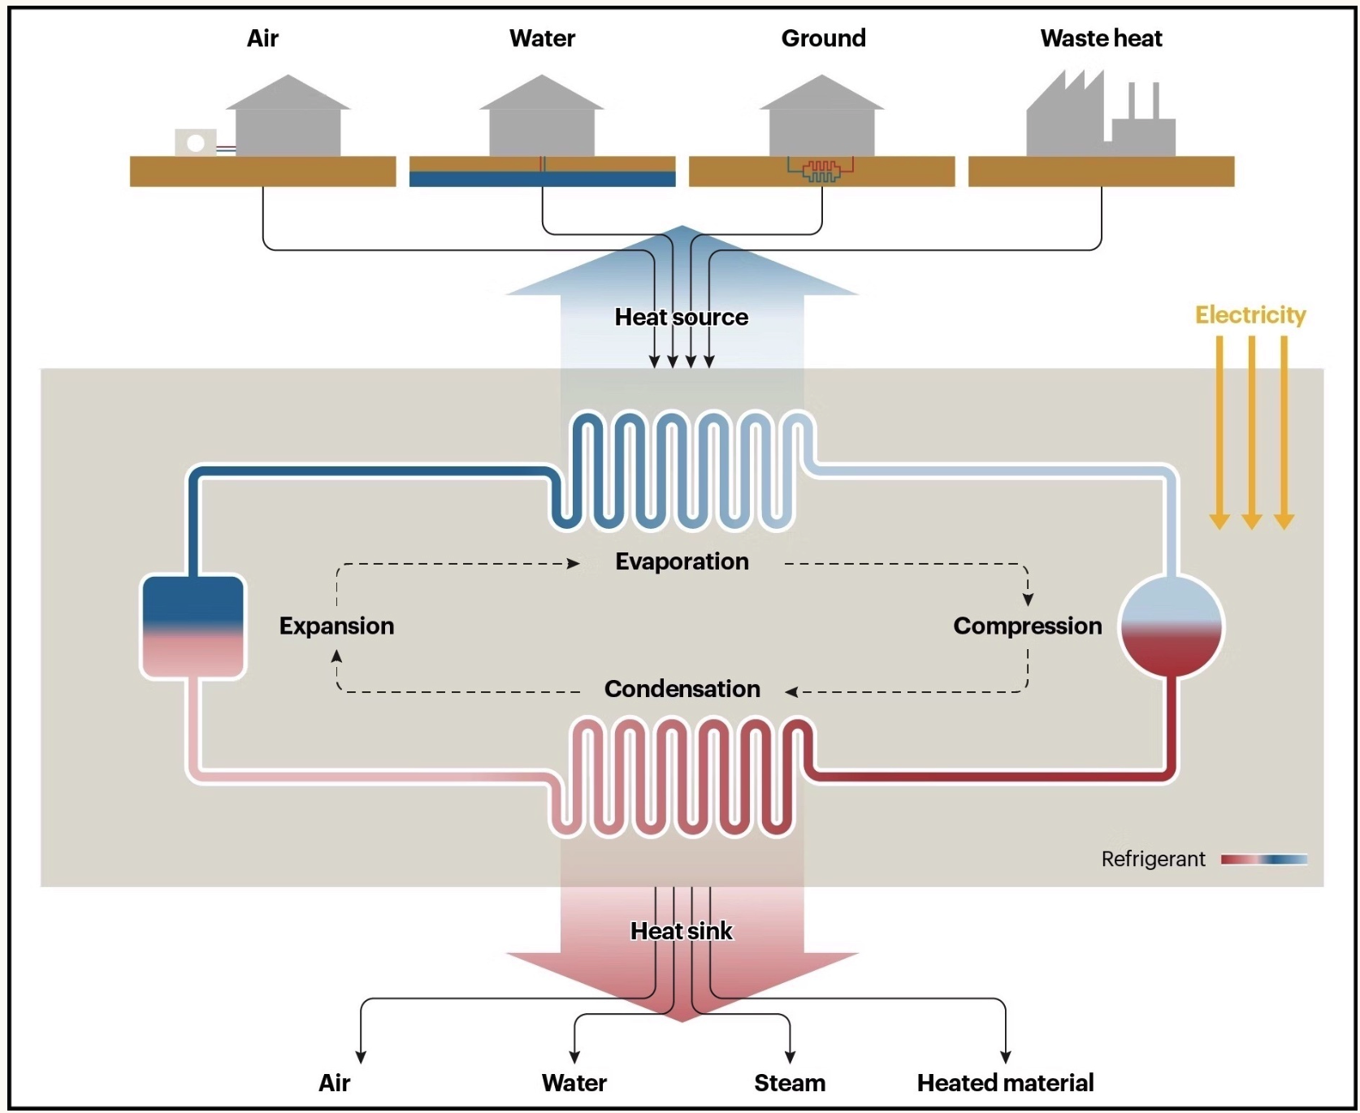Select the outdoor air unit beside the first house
coord(196,143)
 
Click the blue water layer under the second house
coord(542,179)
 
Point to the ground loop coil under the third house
coord(821,170)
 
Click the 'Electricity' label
coord(1250,314)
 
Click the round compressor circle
coord(1171,626)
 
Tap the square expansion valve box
coord(193,626)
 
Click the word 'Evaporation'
coord(682,561)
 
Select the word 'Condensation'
coord(682,689)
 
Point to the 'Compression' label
coord(1027,626)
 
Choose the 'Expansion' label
coord(336,626)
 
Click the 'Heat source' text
coord(681,317)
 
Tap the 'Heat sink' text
coord(681,931)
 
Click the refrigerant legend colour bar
coord(1263,860)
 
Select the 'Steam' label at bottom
coord(789,1083)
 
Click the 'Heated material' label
coord(1005,1083)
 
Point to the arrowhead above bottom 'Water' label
coord(574,1057)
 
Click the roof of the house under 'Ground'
coord(821,93)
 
